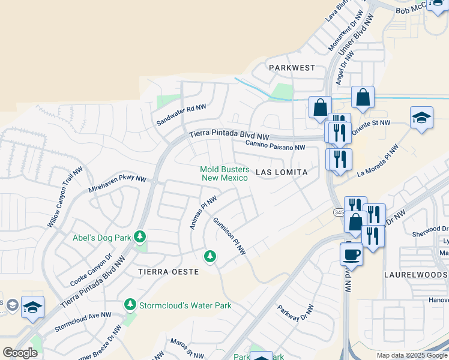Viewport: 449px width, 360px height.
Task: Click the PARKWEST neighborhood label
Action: tap(292, 68)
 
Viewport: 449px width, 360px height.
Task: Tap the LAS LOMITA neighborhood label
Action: tap(282, 172)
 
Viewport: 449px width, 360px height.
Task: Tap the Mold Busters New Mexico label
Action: tap(224, 173)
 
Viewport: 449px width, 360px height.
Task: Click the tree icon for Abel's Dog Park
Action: tap(140, 237)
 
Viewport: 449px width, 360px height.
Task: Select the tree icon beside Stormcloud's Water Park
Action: tap(130, 305)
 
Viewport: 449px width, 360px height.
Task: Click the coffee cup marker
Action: tap(351, 254)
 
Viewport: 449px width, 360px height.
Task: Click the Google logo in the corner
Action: tap(20, 353)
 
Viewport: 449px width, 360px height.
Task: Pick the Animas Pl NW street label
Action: tap(203, 212)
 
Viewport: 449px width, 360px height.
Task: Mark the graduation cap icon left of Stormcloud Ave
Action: tap(32, 307)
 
